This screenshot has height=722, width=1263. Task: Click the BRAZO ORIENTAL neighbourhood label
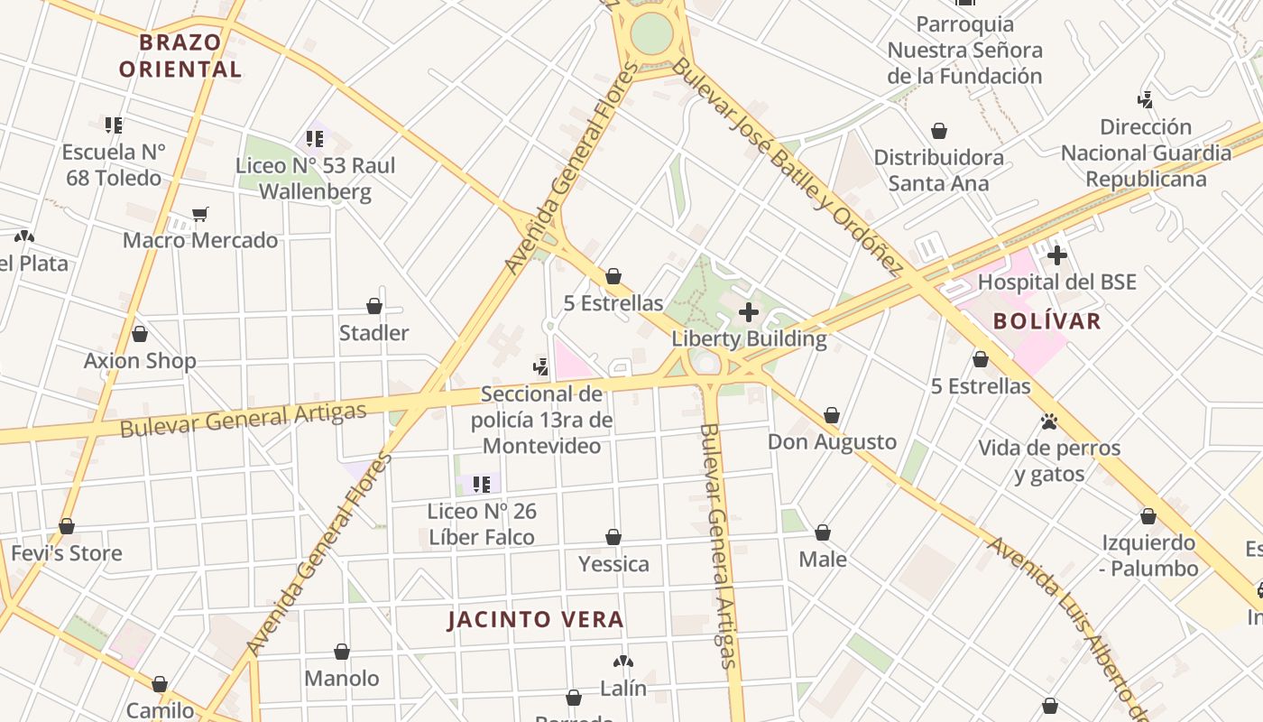click(180, 55)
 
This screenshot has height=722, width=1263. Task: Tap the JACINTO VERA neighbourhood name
click(536, 620)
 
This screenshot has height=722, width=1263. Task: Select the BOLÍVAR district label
click(1047, 321)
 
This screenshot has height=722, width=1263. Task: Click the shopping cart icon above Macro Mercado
click(200, 215)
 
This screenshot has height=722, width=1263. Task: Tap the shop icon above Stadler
click(374, 307)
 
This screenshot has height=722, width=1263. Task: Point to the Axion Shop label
click(140, 361)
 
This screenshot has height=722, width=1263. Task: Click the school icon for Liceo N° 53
click(315, 139)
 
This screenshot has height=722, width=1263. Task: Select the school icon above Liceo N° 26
click(482, 485)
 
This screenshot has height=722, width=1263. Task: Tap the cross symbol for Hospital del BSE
click(1057, 256)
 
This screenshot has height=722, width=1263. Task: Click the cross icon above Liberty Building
click(749, 312)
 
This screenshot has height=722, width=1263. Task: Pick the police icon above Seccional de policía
click(540, 367)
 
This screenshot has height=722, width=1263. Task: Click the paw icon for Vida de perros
click(1048, 421)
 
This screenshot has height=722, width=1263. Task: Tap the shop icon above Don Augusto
click(832, 415)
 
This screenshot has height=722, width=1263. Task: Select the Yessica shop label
click(613, 564)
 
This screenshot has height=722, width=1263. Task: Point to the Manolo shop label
click(342, 678)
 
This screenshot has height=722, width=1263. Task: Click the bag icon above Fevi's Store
click(67, 526)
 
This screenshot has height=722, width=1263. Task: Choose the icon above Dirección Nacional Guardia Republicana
click(1146, 100)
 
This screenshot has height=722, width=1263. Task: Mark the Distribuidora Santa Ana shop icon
click(939, 132)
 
